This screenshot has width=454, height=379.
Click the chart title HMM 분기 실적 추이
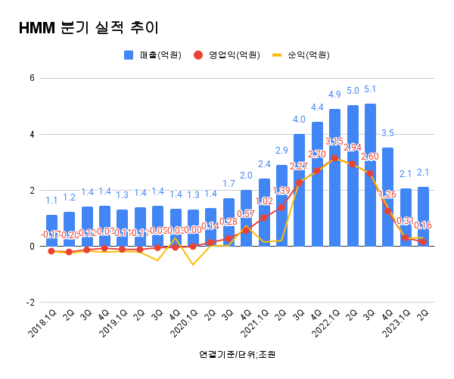click(89, 29)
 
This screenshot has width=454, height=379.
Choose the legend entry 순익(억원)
click(303, 55)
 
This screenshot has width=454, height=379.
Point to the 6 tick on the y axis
click(31, 78)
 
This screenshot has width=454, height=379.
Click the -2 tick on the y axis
click(30, 302)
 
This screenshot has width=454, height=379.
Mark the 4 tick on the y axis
click(31, 134)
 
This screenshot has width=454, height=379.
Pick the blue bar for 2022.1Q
click(334, 178)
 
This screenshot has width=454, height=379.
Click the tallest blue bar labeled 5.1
click(370, 175)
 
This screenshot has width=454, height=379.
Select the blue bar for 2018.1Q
click(51, 231)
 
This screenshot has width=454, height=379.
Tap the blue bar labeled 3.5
click(387, 197)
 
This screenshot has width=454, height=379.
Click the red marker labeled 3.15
click(334, 158)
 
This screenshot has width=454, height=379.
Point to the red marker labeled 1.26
click(387, 211)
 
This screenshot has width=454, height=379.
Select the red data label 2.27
click(298, 166)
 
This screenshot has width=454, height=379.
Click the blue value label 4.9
click(334, 95)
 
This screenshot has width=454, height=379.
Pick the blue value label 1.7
click(229, 184)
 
